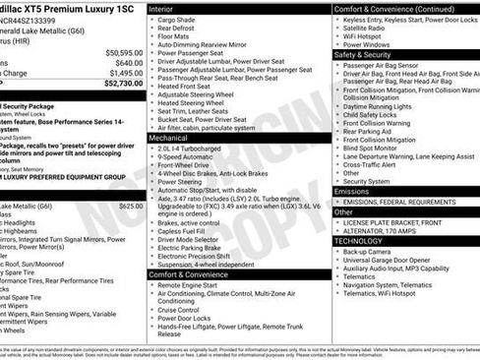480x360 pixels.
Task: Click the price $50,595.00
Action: tap(123, 52)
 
